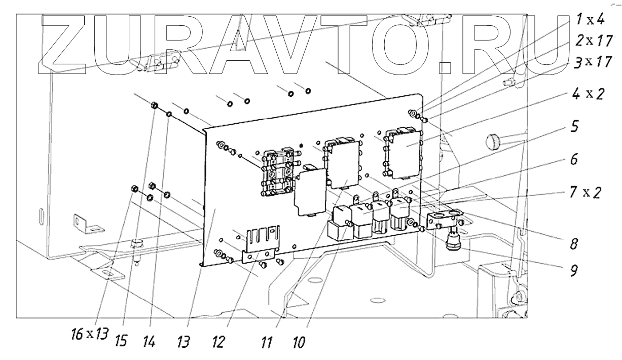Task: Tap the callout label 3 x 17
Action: (x=590, y=62)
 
